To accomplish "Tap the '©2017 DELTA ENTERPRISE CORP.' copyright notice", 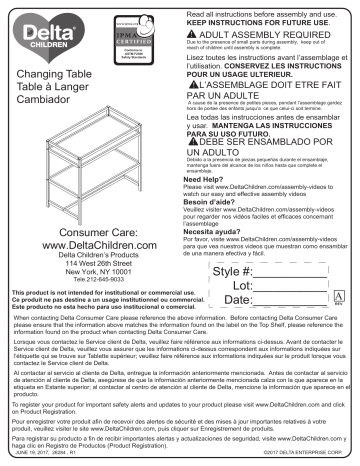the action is pos(303,461).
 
